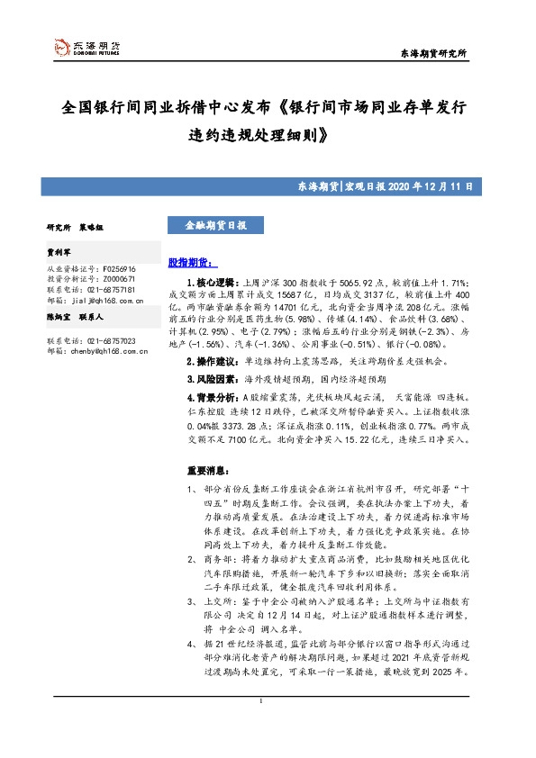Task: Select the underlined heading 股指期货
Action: [192, 264]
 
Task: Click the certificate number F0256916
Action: [120, 269]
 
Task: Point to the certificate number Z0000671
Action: [120, 280]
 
